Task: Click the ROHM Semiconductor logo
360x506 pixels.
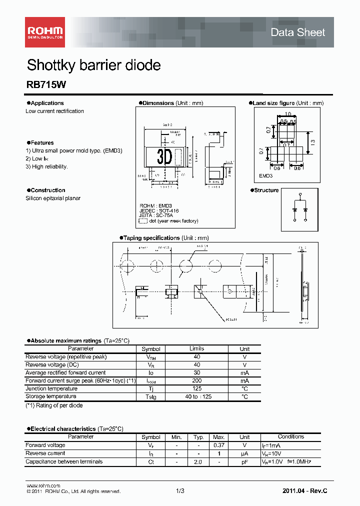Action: coord(45,32)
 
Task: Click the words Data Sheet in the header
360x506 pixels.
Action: coord(297,32)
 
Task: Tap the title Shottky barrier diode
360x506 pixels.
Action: coord(93,65)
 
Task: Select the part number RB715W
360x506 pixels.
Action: coord(42,85)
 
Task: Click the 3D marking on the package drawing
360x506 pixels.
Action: coord(164,157)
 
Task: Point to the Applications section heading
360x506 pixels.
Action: coord(47,103)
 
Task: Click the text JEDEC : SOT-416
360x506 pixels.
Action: coord(159,211)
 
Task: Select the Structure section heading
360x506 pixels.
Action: coord(266,190)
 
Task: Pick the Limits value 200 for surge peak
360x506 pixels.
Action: coord(196,380)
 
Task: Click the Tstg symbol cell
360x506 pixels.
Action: coord(151,396)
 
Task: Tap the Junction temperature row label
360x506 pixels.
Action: coord(51,388)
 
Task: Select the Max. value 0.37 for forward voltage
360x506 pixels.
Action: coord(218,445)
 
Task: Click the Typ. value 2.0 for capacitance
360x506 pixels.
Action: coord(198,461)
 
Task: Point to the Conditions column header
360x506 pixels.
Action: coord(290,436)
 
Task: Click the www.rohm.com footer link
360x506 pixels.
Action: coord(43,485)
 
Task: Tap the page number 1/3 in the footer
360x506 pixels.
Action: coord(180,491)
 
